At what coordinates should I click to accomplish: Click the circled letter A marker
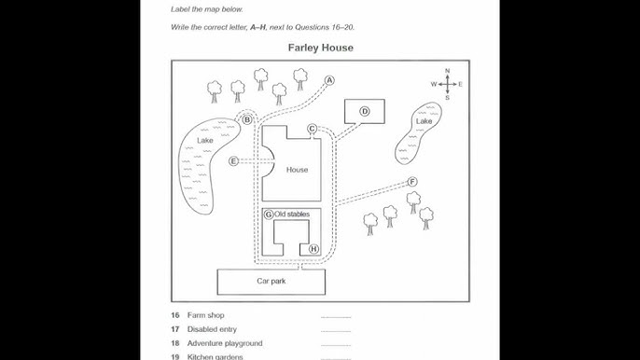(329, 80)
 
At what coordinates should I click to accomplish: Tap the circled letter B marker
(247, 120)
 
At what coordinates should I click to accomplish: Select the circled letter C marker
(312, 129)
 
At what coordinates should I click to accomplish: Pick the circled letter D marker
(365, 111)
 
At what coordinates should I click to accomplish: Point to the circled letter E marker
(233, 161)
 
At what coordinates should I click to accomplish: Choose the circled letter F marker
(412, 182)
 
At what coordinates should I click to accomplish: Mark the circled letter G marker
(269, 215)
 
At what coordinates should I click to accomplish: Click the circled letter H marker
(313, 249)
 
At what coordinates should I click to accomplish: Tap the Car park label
(271, 281)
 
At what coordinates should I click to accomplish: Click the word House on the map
(297, 170)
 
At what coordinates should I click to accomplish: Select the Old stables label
(292, 215)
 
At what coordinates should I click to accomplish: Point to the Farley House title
(320, 48)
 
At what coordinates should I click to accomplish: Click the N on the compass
(448, 71)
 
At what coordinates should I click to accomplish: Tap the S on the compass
(448, 98)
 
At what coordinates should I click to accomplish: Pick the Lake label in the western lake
(205, 141)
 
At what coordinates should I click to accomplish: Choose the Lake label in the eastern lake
(424, 121)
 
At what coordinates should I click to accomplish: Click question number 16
(175, 315)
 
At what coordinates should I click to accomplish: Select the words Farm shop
(205, 315)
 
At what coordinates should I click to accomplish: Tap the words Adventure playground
(225, 343)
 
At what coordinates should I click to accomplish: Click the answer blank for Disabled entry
(336, 331)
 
